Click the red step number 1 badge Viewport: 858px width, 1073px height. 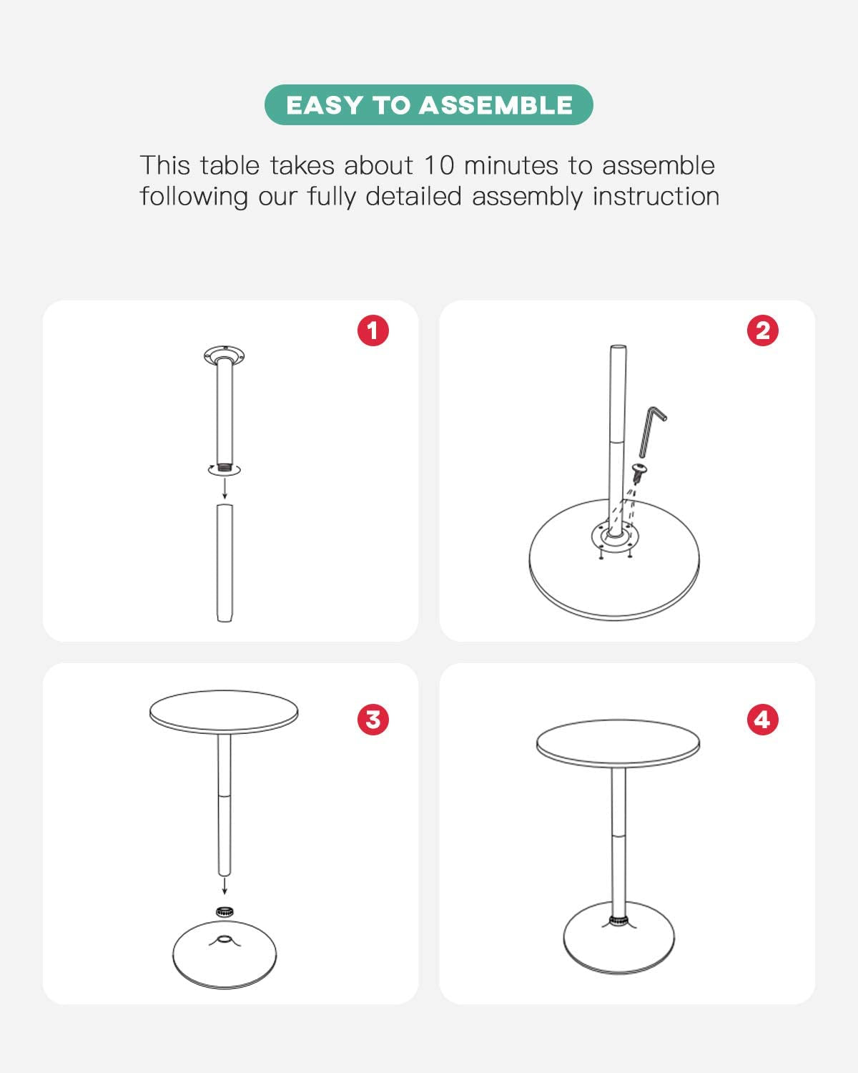coord(373,330)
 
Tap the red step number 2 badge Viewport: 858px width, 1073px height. coord(762,330)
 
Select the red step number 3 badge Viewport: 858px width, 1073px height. coord(373,720)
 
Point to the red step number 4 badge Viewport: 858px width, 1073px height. coord(762,720)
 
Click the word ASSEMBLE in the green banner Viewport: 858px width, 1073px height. coord(495,105)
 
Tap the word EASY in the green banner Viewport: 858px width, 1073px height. coord(325,105)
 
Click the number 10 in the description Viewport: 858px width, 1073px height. coord(439,165)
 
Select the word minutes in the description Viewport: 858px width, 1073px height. coord(511,165)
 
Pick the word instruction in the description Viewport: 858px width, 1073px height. coord(656,196)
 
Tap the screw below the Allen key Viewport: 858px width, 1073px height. coord(638,471)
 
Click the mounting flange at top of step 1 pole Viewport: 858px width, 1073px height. coord(224,356)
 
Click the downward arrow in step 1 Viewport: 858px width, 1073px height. coord(225,488)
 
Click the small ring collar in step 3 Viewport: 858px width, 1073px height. coord(225,911)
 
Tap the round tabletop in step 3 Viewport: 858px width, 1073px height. coord(224,712)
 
